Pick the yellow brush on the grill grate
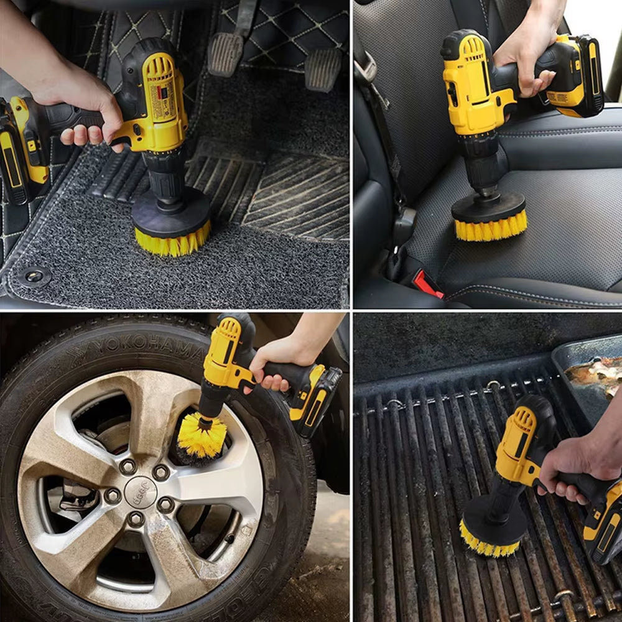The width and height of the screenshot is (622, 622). pos(489,546)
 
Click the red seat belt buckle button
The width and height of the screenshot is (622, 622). pos(429,284)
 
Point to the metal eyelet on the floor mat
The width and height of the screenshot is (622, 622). pos(34,276)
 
